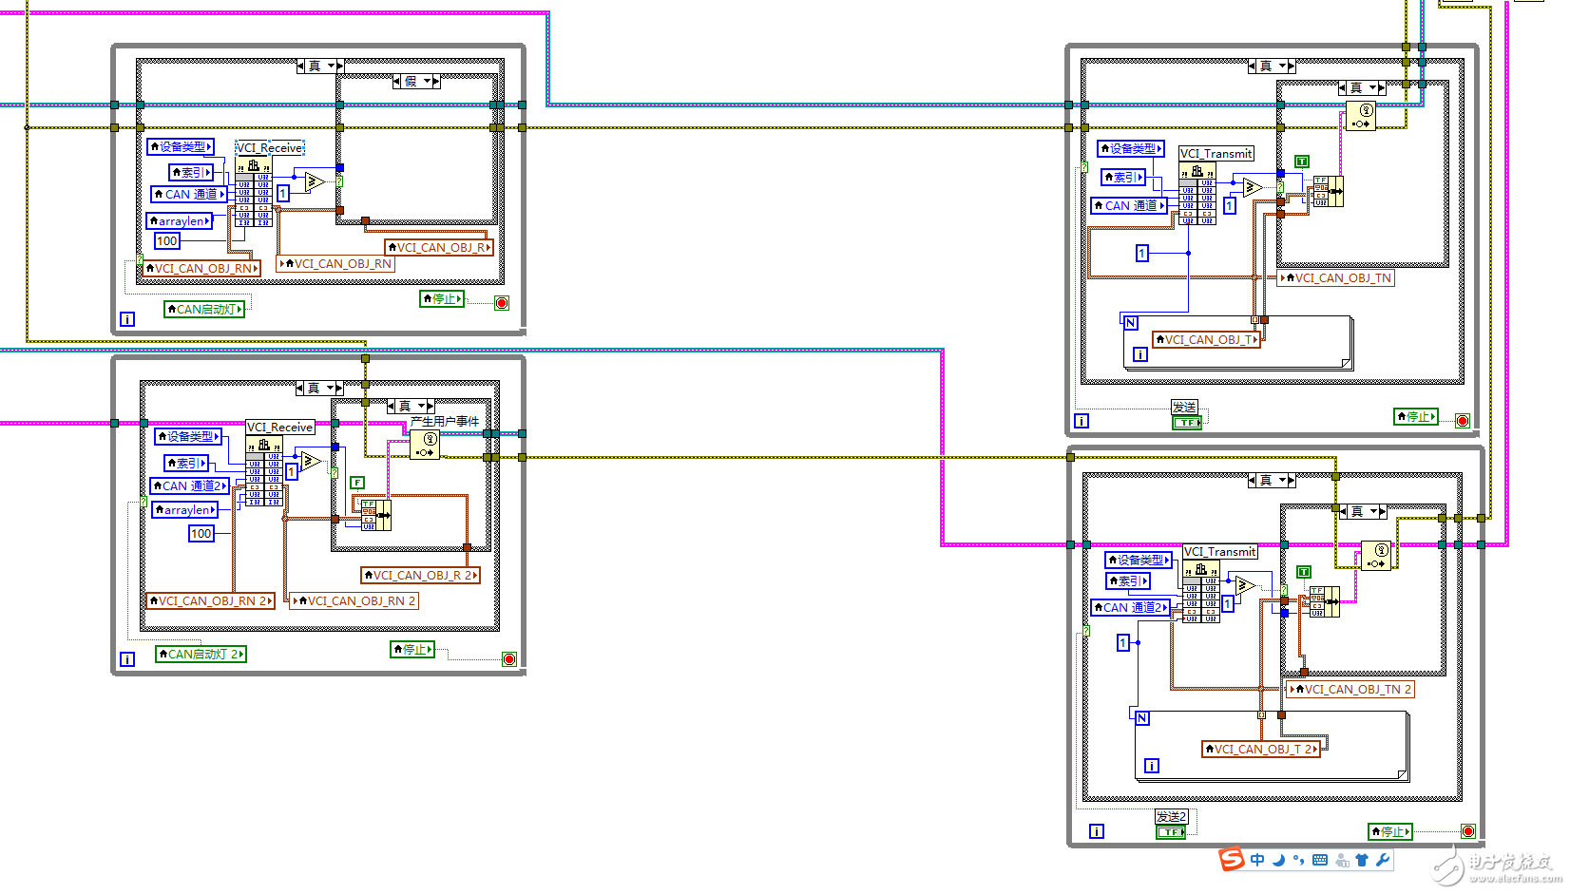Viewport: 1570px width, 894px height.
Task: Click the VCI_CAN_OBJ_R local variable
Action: [439, 248]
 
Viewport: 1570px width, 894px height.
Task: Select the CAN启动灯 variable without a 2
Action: [204, 310]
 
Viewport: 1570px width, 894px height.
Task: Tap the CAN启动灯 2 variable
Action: [201, 655]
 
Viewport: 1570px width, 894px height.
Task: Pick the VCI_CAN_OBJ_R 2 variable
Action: [421, 576]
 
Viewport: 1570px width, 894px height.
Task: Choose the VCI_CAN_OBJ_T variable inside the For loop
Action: [1206, 340]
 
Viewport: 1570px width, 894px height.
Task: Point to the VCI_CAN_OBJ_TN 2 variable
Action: [1350, 690]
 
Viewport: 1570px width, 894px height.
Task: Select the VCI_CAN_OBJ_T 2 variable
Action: [1261, 750]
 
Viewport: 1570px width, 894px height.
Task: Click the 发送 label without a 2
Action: [1184, 408]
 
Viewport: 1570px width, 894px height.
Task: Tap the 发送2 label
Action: [1171, 817]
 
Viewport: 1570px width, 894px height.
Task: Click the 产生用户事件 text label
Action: [445, 421]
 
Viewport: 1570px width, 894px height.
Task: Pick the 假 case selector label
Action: [412, 82]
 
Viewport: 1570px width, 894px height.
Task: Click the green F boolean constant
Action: [357, 483]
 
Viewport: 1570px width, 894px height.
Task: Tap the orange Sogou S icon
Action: [1232, 860]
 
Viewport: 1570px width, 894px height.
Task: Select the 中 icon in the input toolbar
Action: [1257, 860]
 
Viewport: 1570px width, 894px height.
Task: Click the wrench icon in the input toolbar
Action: [1383, 860]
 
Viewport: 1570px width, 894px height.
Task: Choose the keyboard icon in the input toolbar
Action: [1320, 860]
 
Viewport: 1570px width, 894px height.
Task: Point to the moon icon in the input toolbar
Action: [1279, 860]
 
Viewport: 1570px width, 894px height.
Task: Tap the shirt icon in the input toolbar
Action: [1362, 860]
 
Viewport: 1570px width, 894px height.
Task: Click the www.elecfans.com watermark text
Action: [1515, 880]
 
